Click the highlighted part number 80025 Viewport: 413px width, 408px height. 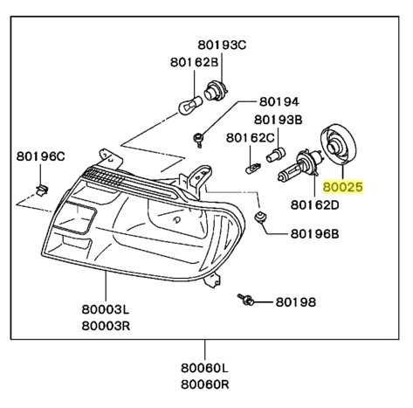[x=342, y=186]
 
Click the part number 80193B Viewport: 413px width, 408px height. [x=279, y=119]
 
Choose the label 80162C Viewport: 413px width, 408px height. [x=251, y=137]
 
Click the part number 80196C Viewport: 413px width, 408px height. [x=41, y=157]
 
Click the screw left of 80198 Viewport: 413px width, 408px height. [x=247, y=301]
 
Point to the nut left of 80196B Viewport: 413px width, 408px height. [x=259, y=216]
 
